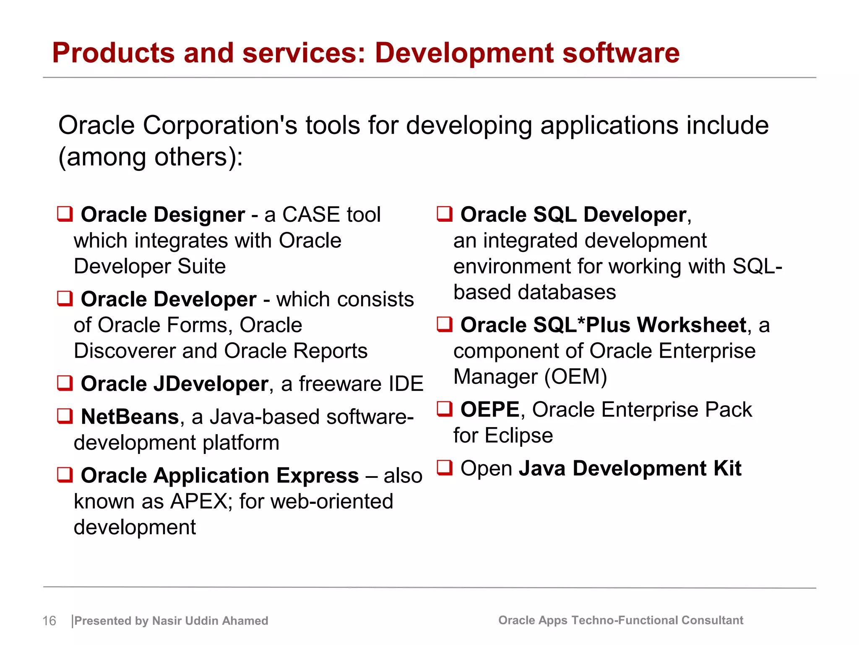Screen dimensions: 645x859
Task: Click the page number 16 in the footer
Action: pyautogui.click(x=49, y=621)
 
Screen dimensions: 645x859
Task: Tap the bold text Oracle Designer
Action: pyautogui.click(x=163, y=215)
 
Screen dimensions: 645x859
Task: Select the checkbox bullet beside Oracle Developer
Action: pyautogui.click(x=65, y=299)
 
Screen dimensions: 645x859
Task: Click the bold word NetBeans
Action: pyautogui.click(x=130, y=417)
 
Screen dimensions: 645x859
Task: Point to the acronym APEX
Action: pyautogui.click(x=199, y=501)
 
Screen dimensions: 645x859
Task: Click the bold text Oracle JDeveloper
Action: pyautogui.click(x=174, y=384)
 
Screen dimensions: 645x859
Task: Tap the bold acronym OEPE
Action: pyautogui.click(x=490, y=409)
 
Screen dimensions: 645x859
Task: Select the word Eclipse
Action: pyautogui.click(x=519, y=435)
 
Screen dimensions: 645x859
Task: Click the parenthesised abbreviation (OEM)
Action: pyautogui.click(x=575, y=377)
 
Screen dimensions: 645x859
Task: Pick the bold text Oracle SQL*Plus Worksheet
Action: pyautogui.click(x=603, y=325)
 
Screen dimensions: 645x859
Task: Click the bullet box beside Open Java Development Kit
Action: pyautogui.click(x=445, y=467)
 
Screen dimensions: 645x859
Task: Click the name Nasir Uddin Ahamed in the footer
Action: pyautogui.click(x=210, y=621)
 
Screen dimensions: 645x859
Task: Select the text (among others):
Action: pyautogui.click(x=150, y=157)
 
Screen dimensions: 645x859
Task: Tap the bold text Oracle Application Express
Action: pyautogui.click(x=220, y=476)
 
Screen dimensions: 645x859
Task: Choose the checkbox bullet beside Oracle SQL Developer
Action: pyautogui.click(x=445, y=214)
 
